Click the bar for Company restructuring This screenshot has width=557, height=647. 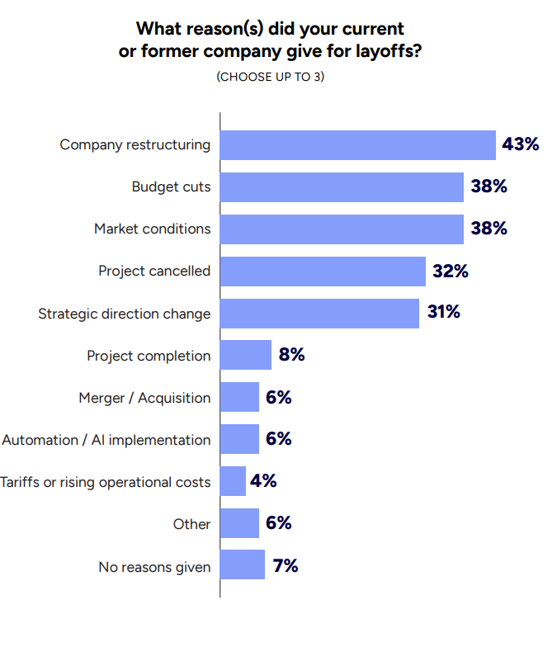[x=357, y=145]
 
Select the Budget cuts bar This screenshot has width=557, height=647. [x=342, y=187]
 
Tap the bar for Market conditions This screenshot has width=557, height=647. [x=342, y=229]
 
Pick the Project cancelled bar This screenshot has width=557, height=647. [x=323, y=272]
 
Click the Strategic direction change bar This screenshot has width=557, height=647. [x=319, y=314]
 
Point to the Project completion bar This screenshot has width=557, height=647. [x=246, y=356]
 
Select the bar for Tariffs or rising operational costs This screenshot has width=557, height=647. [x=234, y=482]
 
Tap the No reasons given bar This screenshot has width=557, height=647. [x=243, y=566]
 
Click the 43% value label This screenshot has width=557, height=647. [x=520, y=145]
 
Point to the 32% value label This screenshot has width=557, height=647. [x=450, y=271]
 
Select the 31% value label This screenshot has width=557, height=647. [x=443, y=313]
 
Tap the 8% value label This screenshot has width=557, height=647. [x=291, y=355]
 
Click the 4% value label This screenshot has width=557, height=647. [x=263, y=481]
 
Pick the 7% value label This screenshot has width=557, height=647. [x=285, y=566]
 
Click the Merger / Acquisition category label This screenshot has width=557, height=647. [x=144, y=398]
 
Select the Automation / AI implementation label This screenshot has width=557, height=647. [x=106, y=440]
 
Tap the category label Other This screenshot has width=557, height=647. [x=191, y=524]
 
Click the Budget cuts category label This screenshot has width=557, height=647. [x=171, y=187]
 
